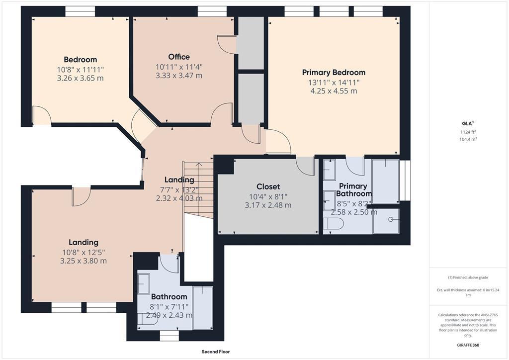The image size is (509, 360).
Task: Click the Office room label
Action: click(179, 57)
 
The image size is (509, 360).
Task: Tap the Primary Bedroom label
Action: click(334, 73)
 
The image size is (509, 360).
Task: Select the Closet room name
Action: click(268, 186)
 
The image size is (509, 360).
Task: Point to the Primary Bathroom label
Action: click(353, 190)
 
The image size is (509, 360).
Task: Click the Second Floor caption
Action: click(216, 352)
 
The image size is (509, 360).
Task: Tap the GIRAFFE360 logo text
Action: click(468, 345)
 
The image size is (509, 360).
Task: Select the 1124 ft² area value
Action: click(468, 132)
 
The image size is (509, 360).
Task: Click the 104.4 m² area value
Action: click(468, 139)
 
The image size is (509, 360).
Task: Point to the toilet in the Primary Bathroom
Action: click(334, 224)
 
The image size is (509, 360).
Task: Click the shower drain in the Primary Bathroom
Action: click(391, 219)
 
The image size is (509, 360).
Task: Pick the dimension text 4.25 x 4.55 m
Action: click(334, 91)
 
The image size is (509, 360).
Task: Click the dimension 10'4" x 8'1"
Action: click(268, 197)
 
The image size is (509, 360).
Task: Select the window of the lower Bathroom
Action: click(169, 336)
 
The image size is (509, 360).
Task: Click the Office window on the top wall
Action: click(212, 11)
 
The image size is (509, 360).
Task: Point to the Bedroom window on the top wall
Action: click(80, 11)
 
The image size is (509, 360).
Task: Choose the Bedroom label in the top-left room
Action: click(80, 60)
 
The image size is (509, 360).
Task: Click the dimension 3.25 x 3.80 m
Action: click(84, 261)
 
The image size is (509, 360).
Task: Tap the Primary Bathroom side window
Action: click(405, 180)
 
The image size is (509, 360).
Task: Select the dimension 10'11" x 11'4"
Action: click(179, 67)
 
